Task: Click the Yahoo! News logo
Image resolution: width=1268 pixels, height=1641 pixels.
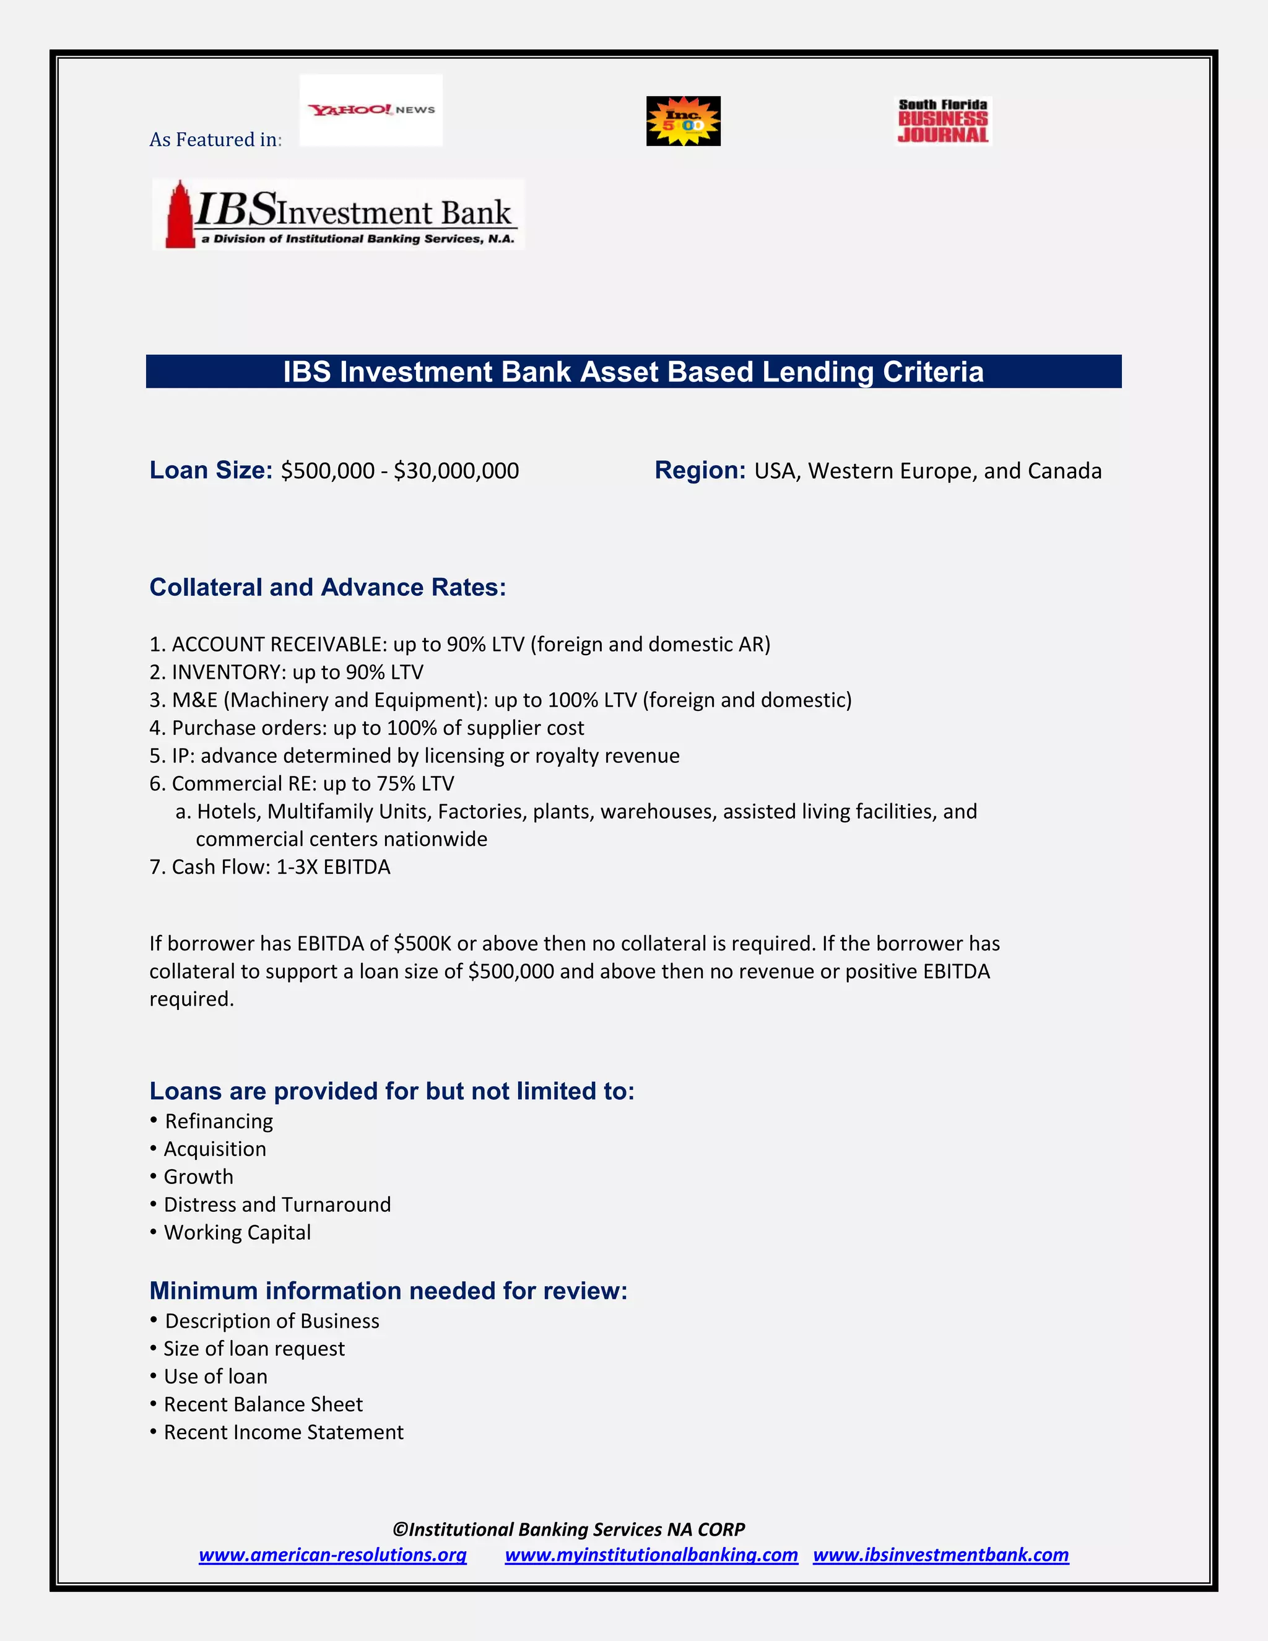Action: tap(371, 110)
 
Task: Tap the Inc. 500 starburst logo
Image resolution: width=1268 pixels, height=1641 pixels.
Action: tap(684, 121)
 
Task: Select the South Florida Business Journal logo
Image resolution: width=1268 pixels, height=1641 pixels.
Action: tap(944, 121)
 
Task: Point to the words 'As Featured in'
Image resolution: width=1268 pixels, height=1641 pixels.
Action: tap(215, 140)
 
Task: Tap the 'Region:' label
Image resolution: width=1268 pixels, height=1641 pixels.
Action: tap(700, 471)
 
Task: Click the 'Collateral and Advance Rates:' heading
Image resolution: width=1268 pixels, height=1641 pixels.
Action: tap(328, 588)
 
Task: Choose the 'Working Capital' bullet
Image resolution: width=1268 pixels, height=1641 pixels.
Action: tap(237, 1232)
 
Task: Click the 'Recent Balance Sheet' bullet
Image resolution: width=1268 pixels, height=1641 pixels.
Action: tap(263, 1404)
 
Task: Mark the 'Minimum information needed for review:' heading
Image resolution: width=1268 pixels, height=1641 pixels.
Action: tap(388, 1291)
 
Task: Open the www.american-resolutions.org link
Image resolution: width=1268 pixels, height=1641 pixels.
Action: tap(332, 1554)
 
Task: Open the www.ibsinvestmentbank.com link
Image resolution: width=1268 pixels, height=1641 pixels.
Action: tap(940, 1554)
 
